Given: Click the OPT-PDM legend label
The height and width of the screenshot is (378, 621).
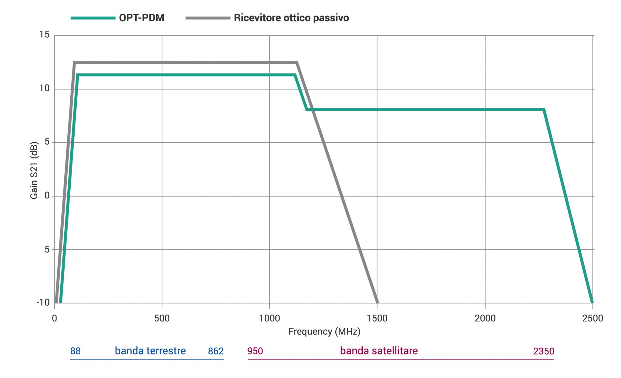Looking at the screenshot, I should click(142, 18).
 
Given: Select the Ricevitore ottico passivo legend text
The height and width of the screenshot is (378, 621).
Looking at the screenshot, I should click(291, 18).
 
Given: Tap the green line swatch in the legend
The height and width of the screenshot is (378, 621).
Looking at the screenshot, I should click(93, 18).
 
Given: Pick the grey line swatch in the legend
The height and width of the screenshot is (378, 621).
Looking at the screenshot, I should click(208, 18).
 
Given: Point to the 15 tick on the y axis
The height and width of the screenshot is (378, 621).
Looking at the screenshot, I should click(45, 35).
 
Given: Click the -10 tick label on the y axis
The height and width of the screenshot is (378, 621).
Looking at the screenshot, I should click(43, 302).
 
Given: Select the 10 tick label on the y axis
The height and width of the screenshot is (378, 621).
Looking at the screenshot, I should click(45, 88).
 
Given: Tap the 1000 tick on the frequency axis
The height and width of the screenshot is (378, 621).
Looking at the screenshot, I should click(270, 318).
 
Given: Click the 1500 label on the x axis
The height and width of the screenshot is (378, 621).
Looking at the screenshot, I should click(377, 318).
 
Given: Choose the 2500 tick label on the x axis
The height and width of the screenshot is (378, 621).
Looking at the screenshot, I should click(592, 318).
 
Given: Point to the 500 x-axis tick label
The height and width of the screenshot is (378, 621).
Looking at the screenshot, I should click(162, 318).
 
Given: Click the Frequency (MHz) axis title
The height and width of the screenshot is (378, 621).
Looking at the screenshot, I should click(324, 332).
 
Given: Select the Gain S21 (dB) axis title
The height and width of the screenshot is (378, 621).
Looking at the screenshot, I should click(34, 170).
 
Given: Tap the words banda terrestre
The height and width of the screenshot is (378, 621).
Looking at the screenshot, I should click(150, 351).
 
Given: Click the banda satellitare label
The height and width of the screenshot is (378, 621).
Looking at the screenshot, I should click(379, 351).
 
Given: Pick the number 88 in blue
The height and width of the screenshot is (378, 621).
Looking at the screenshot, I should click(76, 351).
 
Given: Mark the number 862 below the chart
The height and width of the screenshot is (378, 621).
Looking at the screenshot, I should click(216, 351).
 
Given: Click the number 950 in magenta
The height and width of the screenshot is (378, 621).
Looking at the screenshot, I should click(255, 351).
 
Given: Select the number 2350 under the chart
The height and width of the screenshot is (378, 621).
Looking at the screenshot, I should click(543, 351).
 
